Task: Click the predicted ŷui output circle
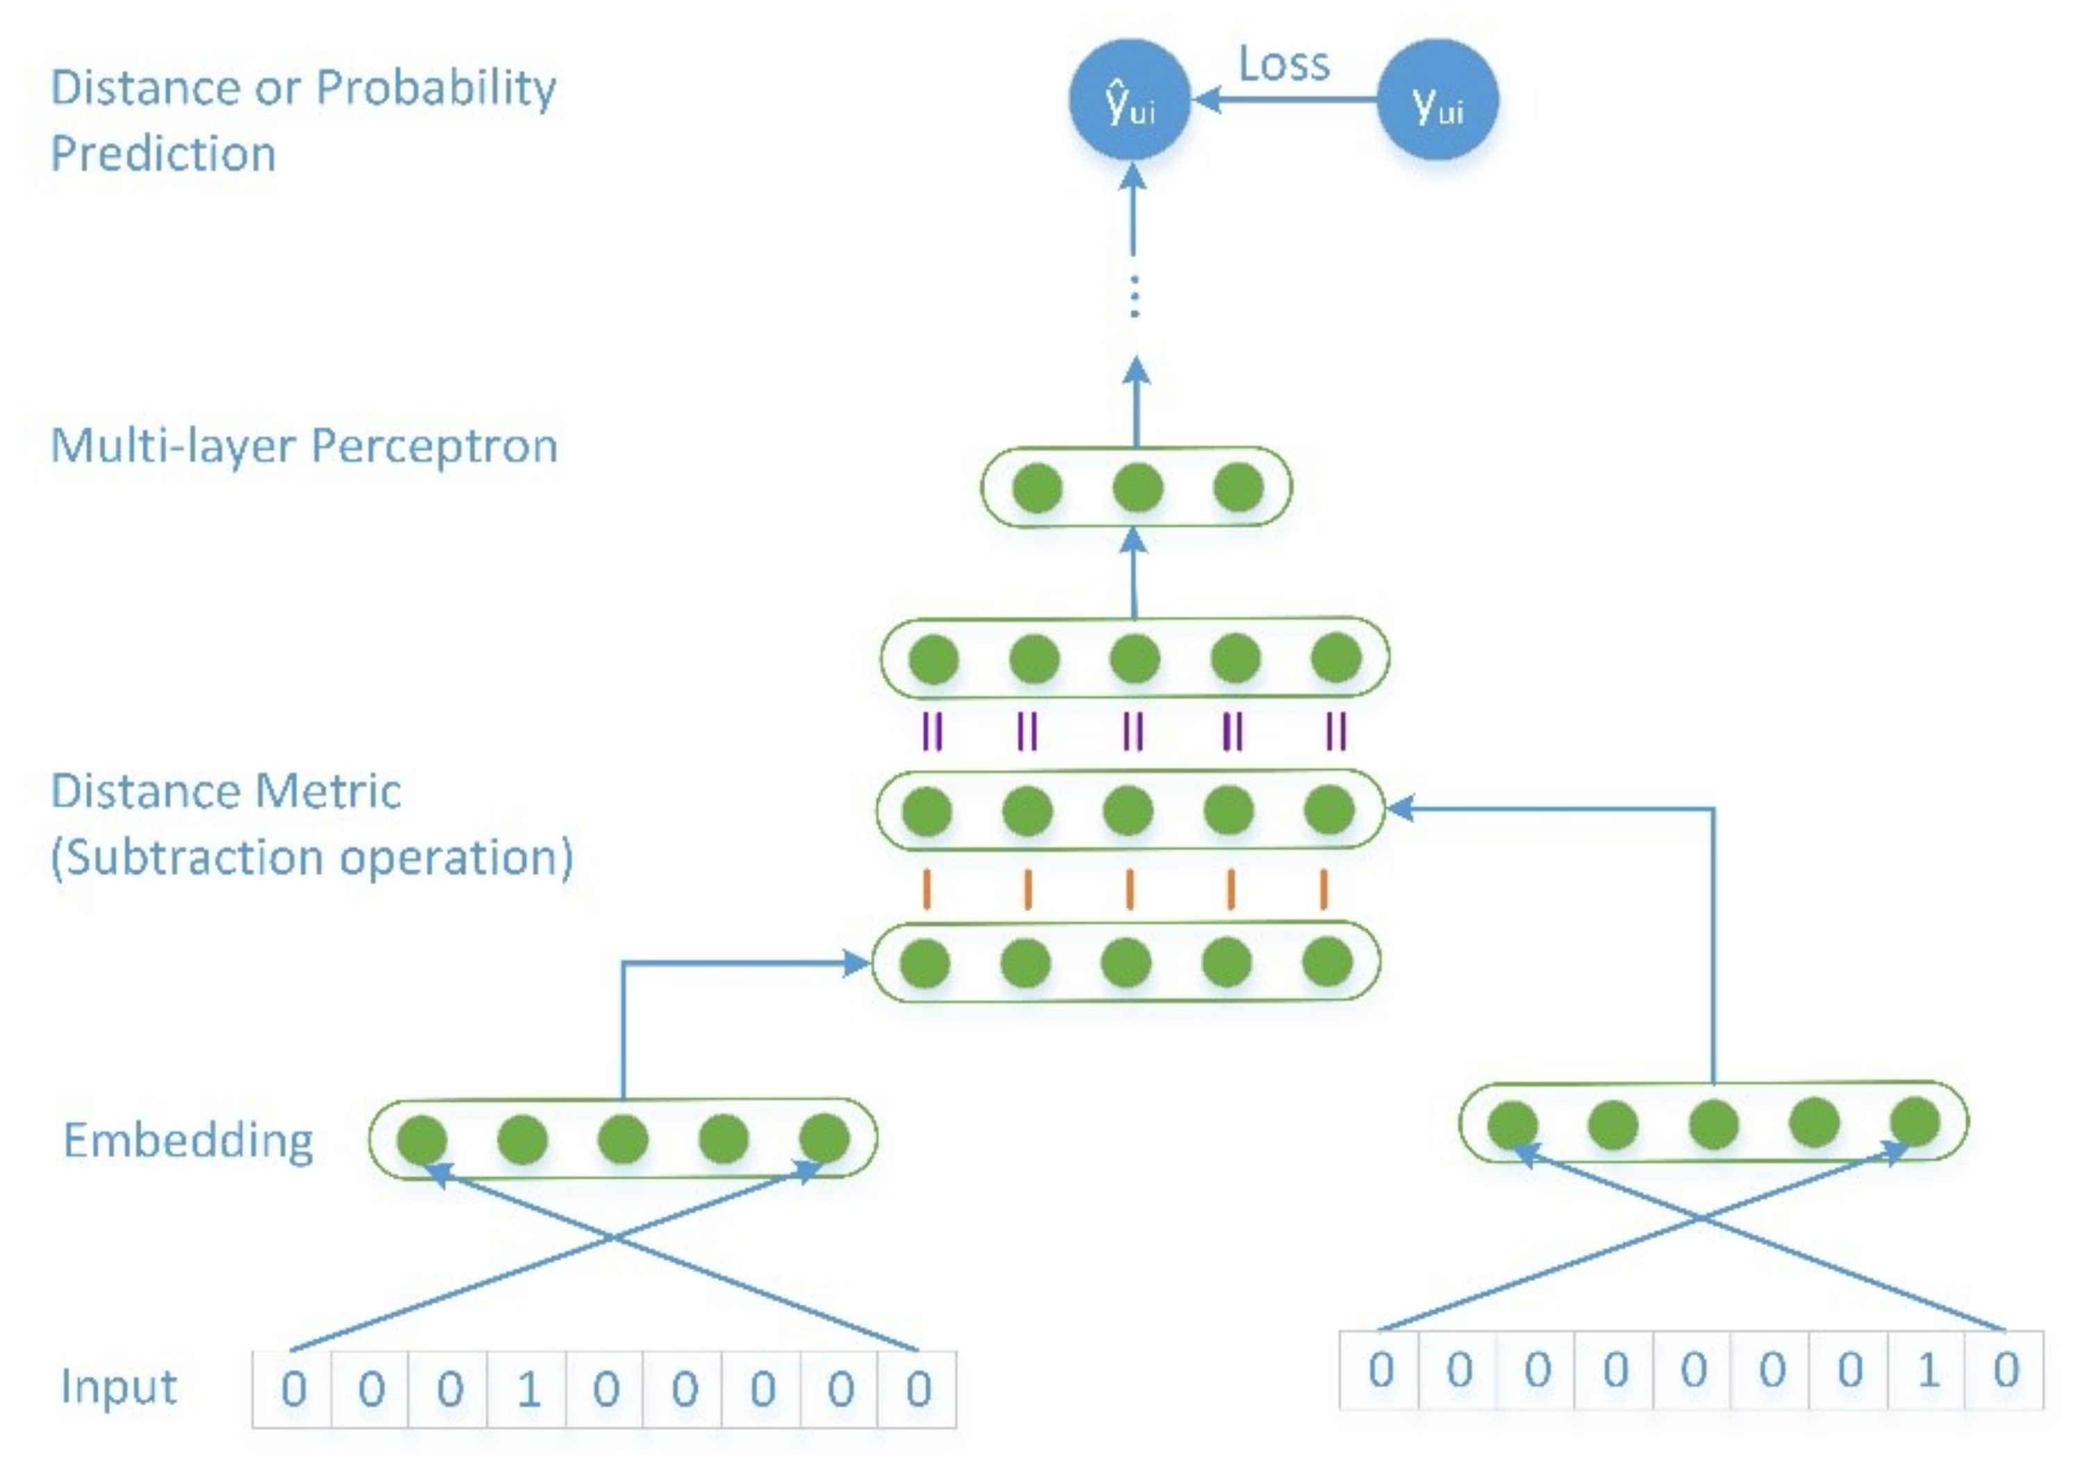[x=1128, y=100]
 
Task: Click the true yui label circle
[x=1437, y=100]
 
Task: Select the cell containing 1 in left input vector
[x=526, y=1389]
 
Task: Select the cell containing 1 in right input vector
[x=1926, y=1369]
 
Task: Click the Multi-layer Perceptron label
[x=303, y=446]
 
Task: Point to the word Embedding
[x=187, y=1140]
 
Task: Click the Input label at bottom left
[x=119, y=1387]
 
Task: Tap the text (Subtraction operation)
[x=312, y=858]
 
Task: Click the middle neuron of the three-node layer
[x=1137, y=487]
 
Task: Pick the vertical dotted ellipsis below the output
[x=1134, y=296]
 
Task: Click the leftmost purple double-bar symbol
[x=932, y=731]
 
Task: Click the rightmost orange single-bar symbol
[x=1324, y=889]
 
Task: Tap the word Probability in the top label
[x=436, y=89]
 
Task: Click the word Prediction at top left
[x=163, y=154]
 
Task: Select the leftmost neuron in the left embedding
[x=422, y=1140]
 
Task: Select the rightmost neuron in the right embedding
[x=1915, y=1122]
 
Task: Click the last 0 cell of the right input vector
[x=2005, y=1369]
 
